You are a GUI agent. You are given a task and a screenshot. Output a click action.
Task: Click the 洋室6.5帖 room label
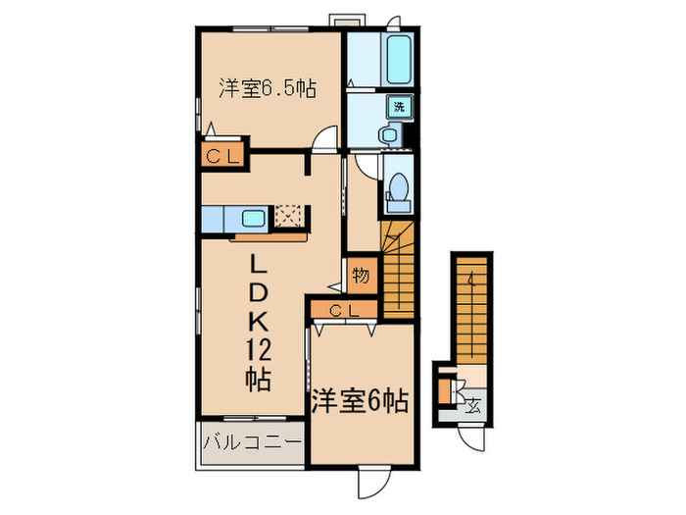click(x=267, y=86)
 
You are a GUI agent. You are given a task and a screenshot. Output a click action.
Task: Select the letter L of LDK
click(x=257, y=264)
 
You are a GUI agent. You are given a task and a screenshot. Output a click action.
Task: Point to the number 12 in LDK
click(x=257, y=348)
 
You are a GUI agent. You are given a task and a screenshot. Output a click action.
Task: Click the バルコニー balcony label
click(x=252, y=444)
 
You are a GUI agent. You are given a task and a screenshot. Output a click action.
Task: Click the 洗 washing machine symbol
click(x=400, y=106)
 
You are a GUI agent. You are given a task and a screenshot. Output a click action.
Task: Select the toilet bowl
click(x=399, y=187)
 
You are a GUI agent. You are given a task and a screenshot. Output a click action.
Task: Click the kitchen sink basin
click(x=251, y=218)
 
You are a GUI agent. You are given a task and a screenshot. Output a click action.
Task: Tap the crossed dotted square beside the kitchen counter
click(x=289, y=215)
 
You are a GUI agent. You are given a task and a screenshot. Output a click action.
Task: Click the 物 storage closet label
click(x=360, y=275)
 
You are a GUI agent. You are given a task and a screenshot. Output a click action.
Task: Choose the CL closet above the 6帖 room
click(x=342, y=311)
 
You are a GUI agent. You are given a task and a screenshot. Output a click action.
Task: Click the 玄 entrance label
click(x=473, y=402)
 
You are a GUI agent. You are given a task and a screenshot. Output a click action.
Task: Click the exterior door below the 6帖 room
click(x=375, y=482)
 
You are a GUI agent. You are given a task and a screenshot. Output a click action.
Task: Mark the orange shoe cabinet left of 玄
click(x=445, y=392)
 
